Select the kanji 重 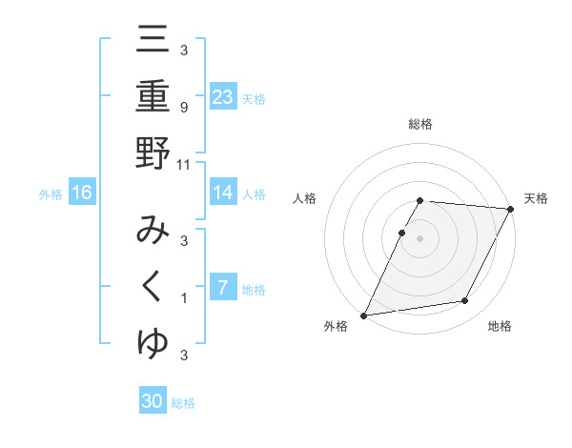coord(153,97)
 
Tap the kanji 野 coord(153,153)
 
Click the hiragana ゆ coord(153,342)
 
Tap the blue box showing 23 coord(223,97)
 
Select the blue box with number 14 coord(223,193)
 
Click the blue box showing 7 coord(223,288)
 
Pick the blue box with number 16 coord(82,193)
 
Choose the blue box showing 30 coord(153,401)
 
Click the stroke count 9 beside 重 coord(184,107)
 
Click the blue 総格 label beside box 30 coord(184,403)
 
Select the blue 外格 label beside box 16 coord(51,194)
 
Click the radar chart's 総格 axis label coord(420,124)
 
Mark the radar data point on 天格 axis coord(511,210)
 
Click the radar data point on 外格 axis coord(364,316)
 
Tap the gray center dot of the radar coord(420,237)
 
